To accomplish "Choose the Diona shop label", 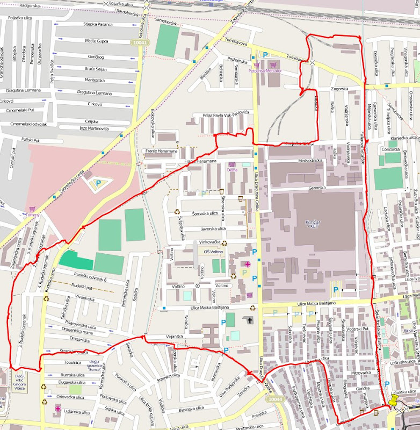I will (x=232, y=170).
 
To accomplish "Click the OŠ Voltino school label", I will (x=213, y=251).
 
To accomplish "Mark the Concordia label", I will (x=390, y=149).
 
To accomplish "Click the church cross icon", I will (x=248, y=320).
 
